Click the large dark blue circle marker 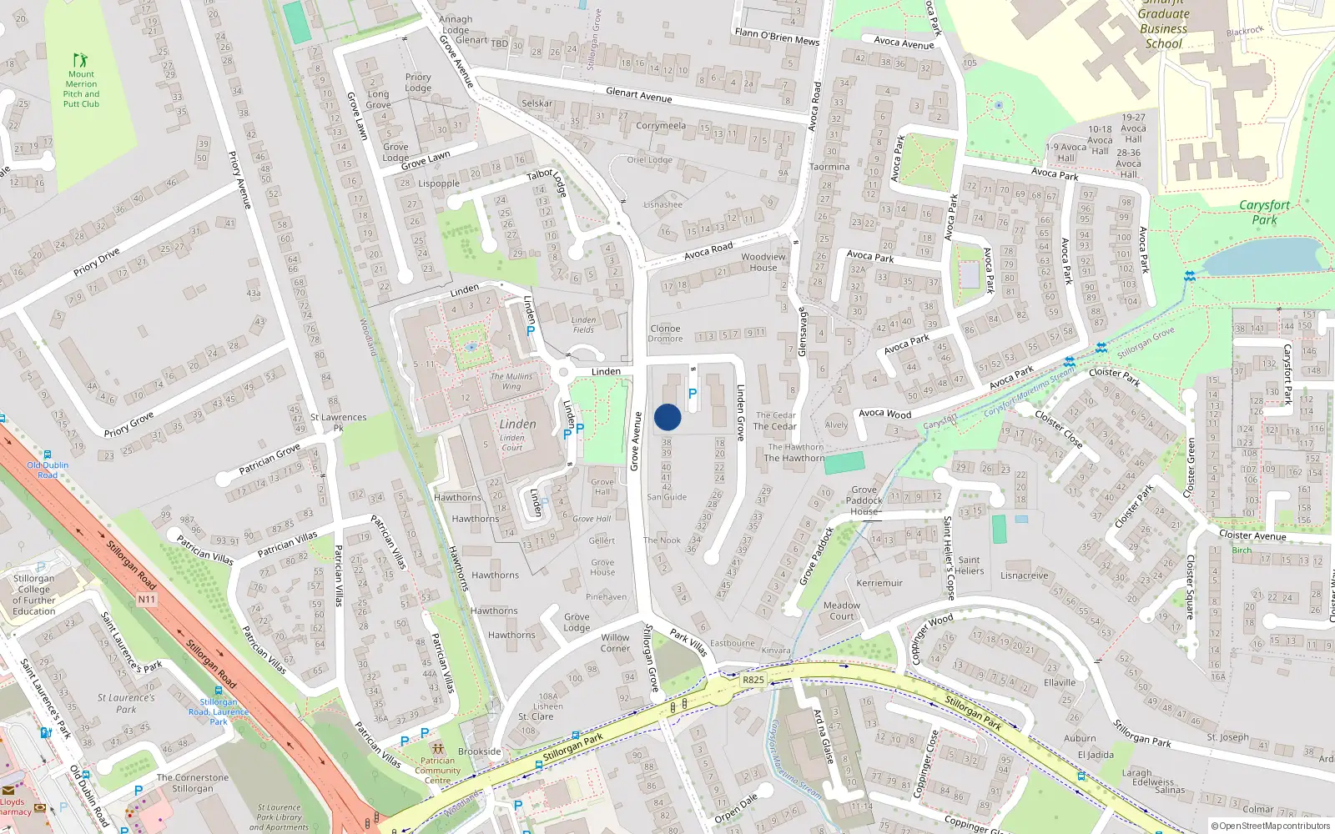667,417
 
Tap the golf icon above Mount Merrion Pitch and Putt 80,60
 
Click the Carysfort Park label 1264,212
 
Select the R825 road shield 753,680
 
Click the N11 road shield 146,599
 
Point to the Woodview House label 763,262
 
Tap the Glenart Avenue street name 638,95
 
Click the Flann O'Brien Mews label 777,37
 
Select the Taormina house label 829,167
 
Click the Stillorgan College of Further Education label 34,594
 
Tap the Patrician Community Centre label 438,770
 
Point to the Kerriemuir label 879,583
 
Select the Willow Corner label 616,642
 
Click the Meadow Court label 841,610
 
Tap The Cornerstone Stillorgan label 193,782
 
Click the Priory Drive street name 97,261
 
